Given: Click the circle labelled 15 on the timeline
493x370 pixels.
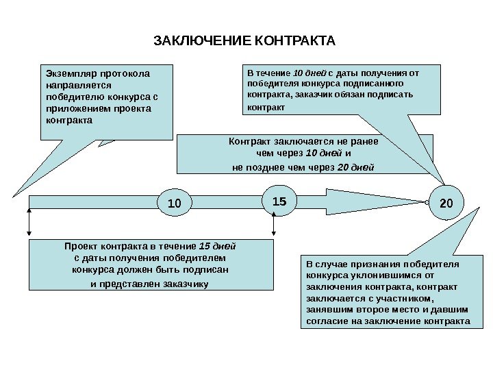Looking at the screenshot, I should tap(279, 202).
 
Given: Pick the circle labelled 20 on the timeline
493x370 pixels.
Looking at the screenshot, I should tap(446, 203).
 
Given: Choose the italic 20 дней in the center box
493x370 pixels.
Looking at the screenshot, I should tap(357, 166).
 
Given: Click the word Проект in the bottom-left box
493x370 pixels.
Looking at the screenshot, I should tap(81, 245).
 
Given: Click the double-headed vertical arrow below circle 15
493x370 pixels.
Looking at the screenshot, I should tap(274, 224).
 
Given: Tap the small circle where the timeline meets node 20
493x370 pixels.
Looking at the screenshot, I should tap(427, 203).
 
